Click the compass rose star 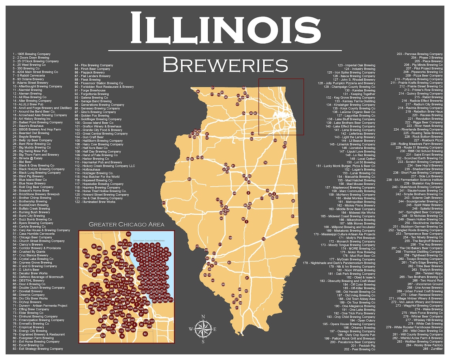coord(202,329)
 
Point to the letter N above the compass coord(203,317)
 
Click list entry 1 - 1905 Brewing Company coord(32,54)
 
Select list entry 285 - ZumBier coord(433,349)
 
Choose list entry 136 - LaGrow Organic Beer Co coord(354,112)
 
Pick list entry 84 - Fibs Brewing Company coord(94,65)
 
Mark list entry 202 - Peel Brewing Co coord(360,349)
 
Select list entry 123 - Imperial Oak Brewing coord(356,65)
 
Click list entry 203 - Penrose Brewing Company coord(420,54)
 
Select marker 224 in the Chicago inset coord(103,336)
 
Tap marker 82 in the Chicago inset coord(145,334)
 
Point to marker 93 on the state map coord(190,179)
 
